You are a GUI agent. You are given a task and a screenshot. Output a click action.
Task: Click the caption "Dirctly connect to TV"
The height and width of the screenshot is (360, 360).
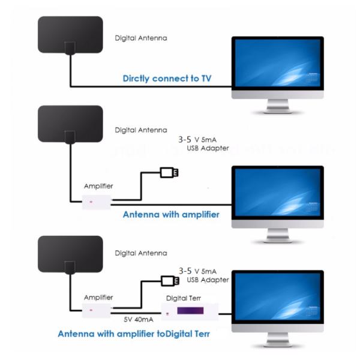(x=167, y=78)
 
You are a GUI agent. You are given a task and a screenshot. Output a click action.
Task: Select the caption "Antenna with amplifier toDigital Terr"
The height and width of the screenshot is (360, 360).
(x=134, y=334)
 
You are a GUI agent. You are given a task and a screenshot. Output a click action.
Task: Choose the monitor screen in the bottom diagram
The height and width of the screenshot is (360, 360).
(x=278, y=299)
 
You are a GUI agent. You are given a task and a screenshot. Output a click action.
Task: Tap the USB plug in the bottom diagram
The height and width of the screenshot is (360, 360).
(x=169, y=280)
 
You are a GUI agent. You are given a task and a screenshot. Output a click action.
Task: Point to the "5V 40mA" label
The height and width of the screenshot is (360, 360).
(x=137, y=319)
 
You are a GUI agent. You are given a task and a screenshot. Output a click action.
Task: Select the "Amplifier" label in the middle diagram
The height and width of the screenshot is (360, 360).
(x=98, y=187)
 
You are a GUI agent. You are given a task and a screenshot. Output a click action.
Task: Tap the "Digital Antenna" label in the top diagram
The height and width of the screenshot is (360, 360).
(x=141, y=38)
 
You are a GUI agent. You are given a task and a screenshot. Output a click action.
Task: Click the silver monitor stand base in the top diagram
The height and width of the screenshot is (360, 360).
(x=278, y=111)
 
